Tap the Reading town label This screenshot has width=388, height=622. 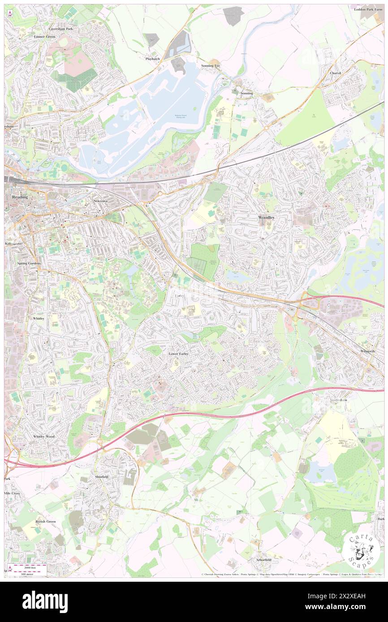20,197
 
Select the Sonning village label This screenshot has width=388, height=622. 247,93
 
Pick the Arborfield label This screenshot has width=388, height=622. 264,559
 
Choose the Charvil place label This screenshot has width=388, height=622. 336,73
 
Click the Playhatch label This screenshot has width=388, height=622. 152,59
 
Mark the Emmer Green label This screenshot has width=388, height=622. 44,36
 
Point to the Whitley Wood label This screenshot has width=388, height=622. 43,436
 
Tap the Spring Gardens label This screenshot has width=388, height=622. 29,263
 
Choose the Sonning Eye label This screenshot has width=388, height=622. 211,66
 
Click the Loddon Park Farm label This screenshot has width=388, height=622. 369,9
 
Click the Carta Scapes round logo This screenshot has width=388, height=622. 361,551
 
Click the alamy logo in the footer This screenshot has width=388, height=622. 45,602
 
